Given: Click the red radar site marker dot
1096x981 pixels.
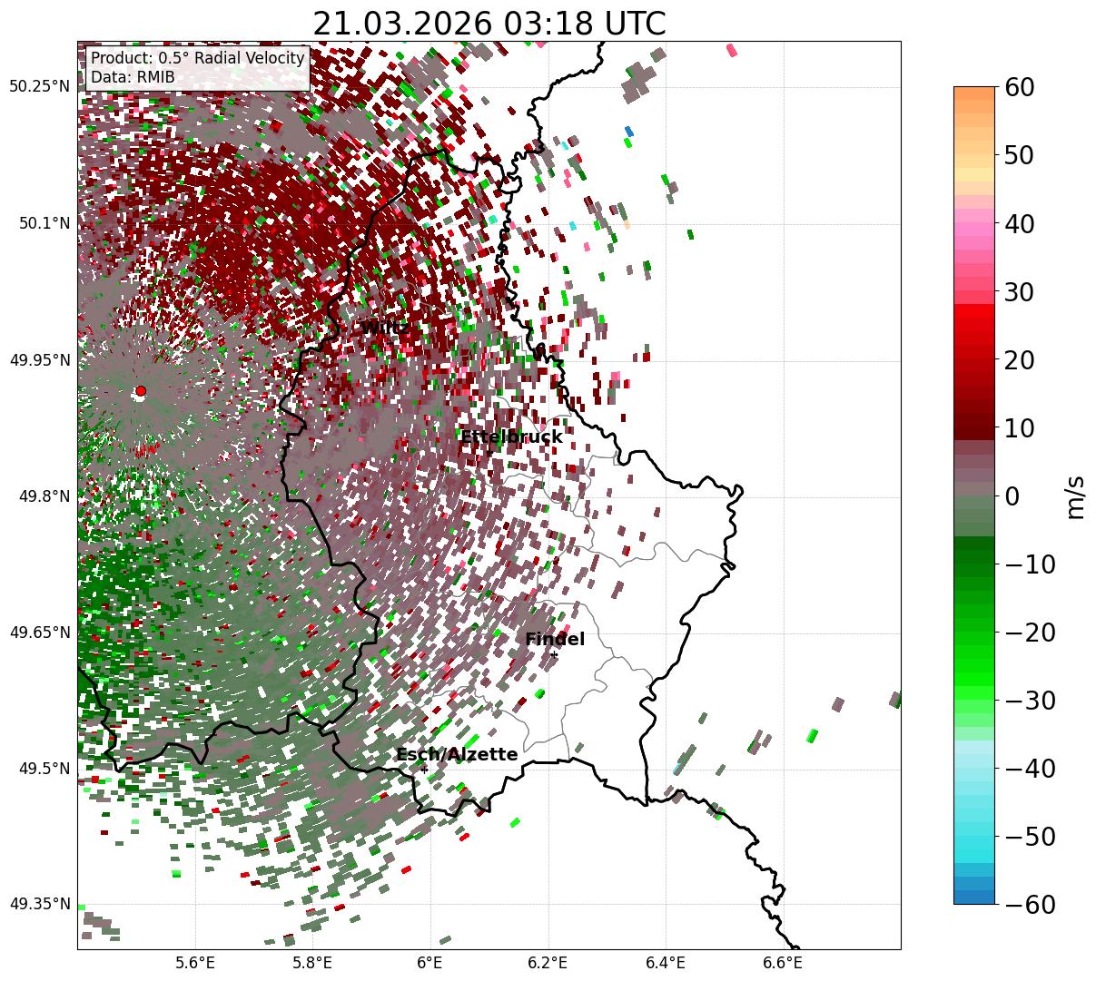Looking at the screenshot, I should (x=140, y=391).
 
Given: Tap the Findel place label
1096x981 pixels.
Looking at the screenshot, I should (x=555, y=640).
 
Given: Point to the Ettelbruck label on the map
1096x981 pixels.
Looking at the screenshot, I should (x=511, y=437).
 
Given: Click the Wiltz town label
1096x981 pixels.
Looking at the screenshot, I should (x=385, y=328).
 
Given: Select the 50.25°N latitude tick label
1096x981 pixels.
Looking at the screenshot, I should (x=39, y=87).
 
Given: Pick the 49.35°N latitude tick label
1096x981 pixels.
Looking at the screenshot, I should (x=39, y=904).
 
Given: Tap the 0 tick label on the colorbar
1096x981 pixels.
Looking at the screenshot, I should (x=1012, y=496).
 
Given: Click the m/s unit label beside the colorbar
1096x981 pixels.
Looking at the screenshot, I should (x=1075, y=496).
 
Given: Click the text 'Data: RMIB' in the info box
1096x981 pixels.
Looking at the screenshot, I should (x=133, y=78).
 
